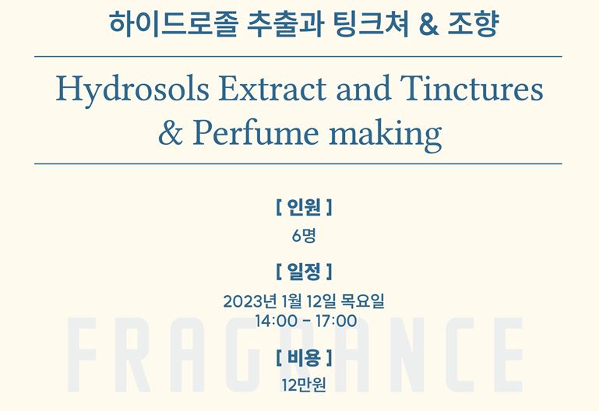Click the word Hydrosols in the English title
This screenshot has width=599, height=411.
pos(132,90)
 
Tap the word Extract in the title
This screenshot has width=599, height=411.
pos(273,89)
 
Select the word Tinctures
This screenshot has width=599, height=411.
pos(471,89)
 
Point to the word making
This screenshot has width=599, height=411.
pos(385,135)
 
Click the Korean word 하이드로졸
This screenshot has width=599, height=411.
pos(174,24)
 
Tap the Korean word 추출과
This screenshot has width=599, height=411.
pos(285,24)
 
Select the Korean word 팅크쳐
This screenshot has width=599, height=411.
pos(372,24)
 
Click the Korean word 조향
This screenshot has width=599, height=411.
pos(473,24)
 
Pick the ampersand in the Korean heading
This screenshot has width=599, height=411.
pos(428,25)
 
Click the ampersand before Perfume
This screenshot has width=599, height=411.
pos(171,133)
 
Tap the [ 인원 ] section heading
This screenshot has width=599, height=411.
pos(304,207)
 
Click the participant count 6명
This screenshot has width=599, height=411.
pos(304,235)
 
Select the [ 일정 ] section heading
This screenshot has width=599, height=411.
pos(304,272)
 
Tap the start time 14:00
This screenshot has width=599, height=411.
pos(276,321)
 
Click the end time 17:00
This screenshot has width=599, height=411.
pos(336,321)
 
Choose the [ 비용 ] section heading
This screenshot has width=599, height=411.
pos(304,357)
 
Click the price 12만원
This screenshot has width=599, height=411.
pos(304,385)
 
